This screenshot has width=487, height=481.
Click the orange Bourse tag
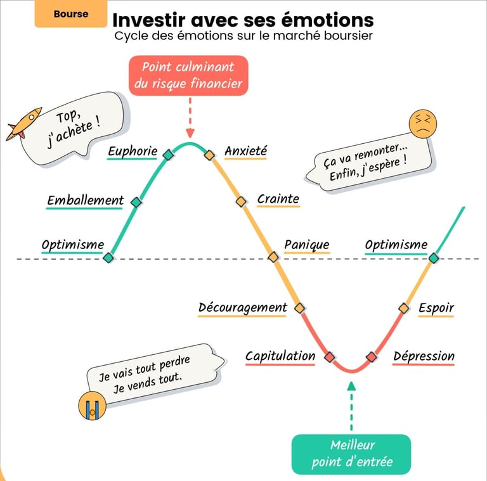(71, 14)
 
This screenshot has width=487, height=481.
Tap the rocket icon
(23, 124)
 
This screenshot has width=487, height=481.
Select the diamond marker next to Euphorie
(168, 155)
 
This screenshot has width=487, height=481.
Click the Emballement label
(86, 201)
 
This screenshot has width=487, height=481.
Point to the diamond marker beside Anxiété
(209, 155)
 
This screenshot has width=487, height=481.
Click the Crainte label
(278, 199)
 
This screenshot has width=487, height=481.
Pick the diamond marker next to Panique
(273, 257)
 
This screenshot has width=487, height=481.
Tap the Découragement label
(243, 308)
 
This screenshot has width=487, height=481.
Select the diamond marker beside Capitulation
(329, 357)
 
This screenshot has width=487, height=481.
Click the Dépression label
(424, 357)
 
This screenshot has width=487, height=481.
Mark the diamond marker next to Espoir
(403, 309)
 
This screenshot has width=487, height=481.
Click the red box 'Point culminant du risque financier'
(188, 75)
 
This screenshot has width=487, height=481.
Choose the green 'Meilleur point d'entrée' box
(351, 454)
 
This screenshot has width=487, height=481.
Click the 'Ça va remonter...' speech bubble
(366, 164)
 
